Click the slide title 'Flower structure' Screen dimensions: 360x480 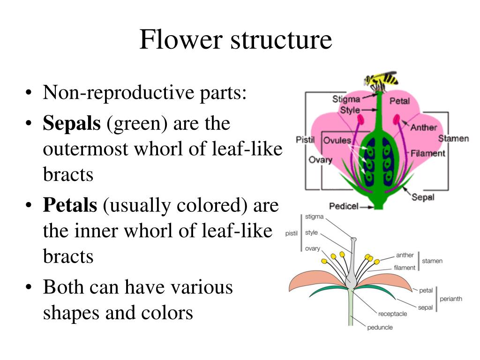[x=235, y=40]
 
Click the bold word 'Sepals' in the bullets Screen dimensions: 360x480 [x=72, y=123]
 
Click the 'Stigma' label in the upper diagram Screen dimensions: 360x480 [x=346, y=99]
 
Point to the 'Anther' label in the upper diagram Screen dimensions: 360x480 [x=424, y=127]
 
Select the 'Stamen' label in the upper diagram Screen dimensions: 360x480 [x=453, y=139]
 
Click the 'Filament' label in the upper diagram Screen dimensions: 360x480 [x=427, y=153]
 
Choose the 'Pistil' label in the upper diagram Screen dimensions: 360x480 [x=305, y=140]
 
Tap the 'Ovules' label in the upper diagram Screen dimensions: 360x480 [x=337, y=141]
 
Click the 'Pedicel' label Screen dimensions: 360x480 [x=344, y=206]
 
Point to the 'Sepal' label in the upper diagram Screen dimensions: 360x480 [x=423, y=197]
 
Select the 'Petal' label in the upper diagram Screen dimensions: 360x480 [x=399, y=100]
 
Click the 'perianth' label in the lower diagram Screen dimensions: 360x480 [x=450, y=299]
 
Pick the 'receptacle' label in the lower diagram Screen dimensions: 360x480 [x=393, y=314]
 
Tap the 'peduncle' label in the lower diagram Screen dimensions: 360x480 [x=380, y=327]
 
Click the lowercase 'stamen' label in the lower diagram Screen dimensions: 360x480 [x=432, y=261]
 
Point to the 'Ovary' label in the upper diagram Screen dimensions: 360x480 [x=320, y=160]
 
